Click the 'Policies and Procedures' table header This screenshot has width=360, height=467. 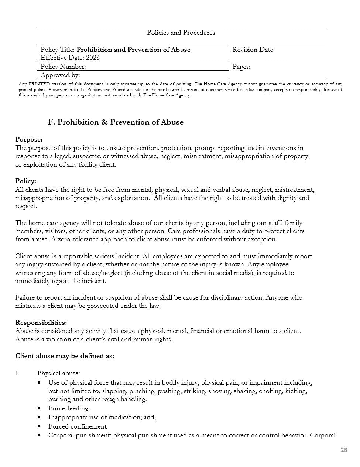point(181,33)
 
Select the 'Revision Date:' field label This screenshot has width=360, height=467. point(253,50)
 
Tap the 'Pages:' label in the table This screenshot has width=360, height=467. point(241,67)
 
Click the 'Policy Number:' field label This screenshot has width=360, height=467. point(63,67)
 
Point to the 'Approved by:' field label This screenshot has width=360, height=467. point(60,75)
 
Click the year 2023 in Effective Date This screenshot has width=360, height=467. point(93,58)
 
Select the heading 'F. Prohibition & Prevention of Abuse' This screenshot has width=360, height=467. point(116,122)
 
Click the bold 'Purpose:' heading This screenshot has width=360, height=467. point(29,139)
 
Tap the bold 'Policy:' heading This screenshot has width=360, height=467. point(25,181)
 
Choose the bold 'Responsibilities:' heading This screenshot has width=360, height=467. point(41,323)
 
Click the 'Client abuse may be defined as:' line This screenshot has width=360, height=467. point(65,356)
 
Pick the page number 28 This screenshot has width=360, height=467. point(344,450)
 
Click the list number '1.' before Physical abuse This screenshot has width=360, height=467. point(18,373)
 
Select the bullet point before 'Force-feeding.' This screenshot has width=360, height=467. point(40,408)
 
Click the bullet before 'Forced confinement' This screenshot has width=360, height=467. point(40,426)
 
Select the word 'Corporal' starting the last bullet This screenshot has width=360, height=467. point(62,435)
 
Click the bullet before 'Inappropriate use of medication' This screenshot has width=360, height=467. point(40,417)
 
